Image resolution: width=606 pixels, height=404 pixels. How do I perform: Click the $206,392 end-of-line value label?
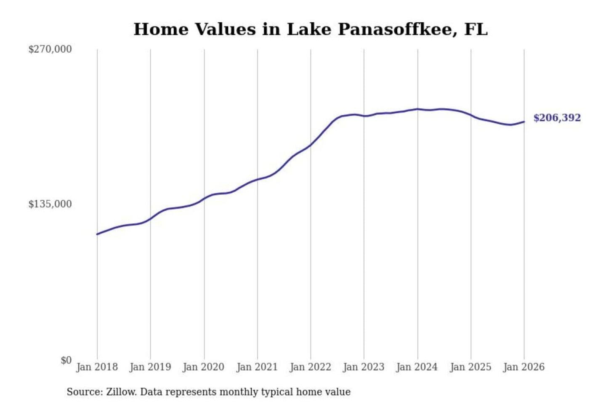[557, 118]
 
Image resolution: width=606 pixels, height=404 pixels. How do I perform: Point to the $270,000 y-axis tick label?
[50, 49]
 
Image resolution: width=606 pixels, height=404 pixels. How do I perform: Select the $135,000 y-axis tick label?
[50, 204]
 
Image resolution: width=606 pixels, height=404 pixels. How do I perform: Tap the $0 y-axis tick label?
[66, 360]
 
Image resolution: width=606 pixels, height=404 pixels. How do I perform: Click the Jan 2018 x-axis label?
[97, 367]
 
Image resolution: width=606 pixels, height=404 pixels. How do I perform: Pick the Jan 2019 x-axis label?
[150, 367]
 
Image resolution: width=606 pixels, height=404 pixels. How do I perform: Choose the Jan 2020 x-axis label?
[204, 367]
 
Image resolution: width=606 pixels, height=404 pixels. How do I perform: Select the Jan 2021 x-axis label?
[257, 367]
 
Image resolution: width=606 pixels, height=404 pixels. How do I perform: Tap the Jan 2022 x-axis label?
[311, 367]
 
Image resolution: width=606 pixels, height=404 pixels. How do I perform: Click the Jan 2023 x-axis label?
[364, 367]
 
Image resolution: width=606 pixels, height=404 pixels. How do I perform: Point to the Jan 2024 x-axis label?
[417, 367]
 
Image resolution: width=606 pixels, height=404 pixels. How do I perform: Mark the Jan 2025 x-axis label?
[470, 367]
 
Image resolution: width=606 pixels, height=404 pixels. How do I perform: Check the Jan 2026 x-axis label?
[524, 367]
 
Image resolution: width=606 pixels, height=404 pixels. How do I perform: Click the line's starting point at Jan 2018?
[97, 234]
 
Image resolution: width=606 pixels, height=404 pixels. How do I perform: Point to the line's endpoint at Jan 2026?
[524, 122]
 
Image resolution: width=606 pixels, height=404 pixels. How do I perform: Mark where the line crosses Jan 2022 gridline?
[311, 145]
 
